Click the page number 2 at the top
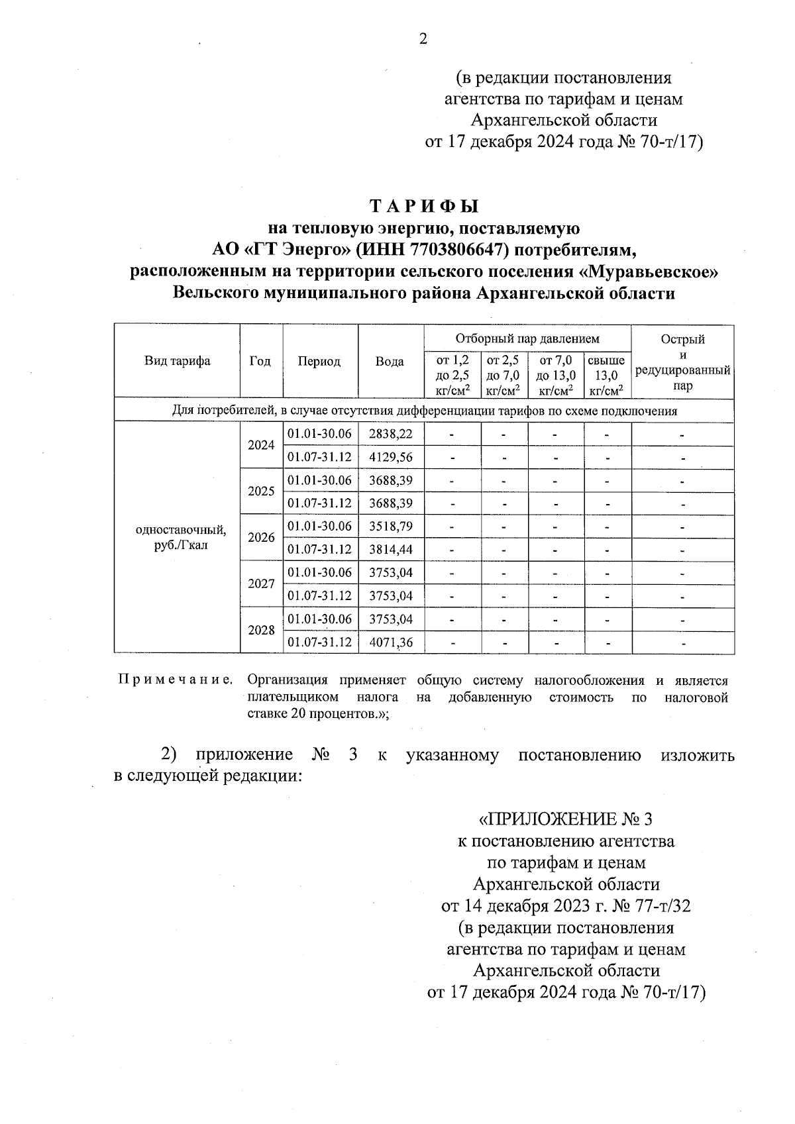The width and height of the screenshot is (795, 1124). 423,39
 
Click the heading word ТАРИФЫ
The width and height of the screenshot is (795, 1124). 423,207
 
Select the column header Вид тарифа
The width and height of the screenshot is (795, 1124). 177,361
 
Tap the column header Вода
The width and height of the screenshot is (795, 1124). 390,361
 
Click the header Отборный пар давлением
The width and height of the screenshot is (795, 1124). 527,338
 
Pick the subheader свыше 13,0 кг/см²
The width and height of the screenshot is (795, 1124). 606,376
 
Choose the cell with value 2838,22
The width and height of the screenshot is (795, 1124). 391,434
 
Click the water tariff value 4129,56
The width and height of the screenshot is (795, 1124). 391,457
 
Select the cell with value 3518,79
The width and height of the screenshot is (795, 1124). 391,527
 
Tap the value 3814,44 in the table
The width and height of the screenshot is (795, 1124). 391,550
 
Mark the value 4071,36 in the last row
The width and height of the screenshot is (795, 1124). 391,642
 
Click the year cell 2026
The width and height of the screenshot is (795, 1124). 261,538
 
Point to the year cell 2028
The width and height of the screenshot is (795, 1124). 261,631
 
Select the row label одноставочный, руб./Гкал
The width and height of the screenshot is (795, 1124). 177,538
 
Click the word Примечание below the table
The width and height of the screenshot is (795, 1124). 175,680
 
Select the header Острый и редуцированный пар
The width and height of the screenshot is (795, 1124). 682,362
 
